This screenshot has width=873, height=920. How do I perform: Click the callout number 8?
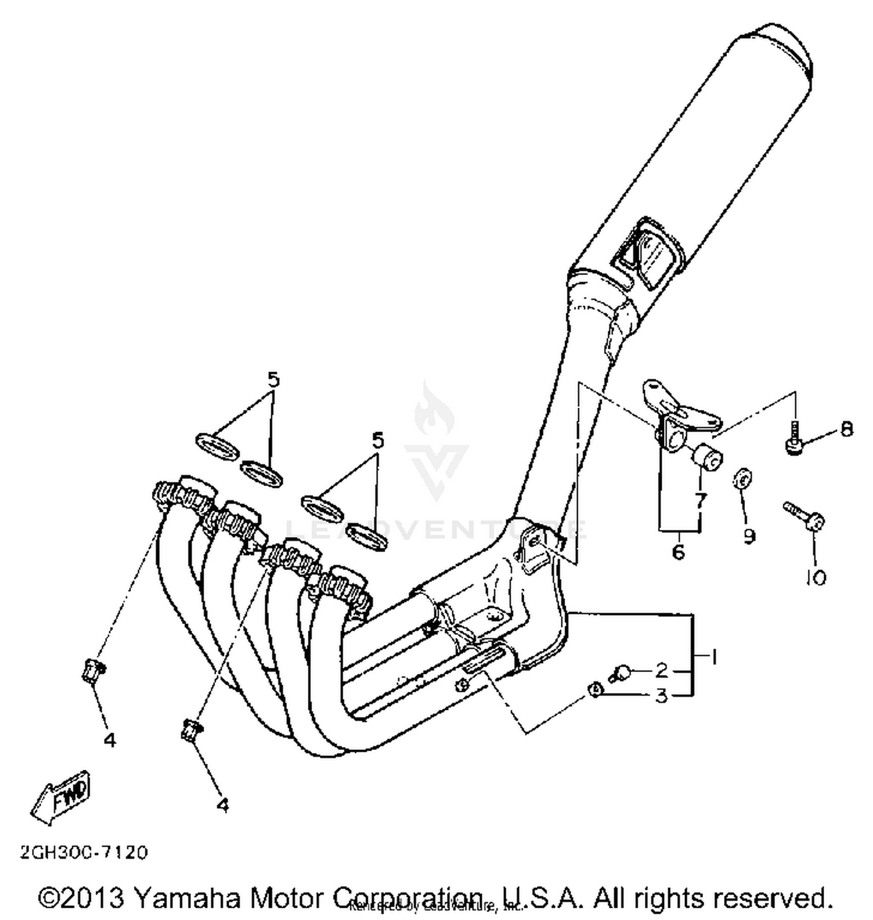tap(847, 429)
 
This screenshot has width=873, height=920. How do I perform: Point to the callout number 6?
tap(679, 551)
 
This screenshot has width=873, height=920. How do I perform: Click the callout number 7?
tap(700, 500)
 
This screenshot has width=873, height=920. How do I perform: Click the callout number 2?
tap(661, 670)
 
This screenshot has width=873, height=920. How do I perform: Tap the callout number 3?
tap(661, 695)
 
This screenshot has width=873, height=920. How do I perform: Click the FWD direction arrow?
tap(62, 797)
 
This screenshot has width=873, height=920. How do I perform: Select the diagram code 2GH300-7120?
tap(84, 852)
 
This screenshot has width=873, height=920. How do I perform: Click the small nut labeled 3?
tap(594, 690)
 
